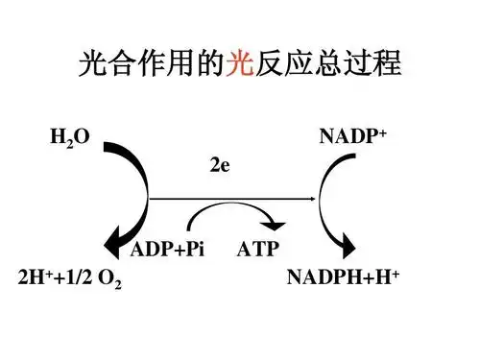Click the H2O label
[69, 138]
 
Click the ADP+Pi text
[168, 250]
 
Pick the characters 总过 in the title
[342, 65]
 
